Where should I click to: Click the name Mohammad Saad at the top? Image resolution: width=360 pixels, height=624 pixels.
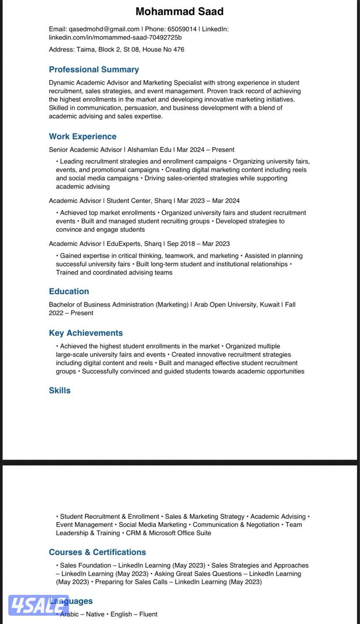180,11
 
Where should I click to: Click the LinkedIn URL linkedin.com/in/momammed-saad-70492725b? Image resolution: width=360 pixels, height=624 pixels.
115,37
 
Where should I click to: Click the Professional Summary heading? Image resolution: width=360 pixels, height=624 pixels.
94,69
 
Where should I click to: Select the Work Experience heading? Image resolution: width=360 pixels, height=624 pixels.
83,136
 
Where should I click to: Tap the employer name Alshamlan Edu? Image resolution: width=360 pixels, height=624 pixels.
149,150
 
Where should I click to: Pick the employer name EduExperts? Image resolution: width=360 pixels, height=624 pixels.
124,244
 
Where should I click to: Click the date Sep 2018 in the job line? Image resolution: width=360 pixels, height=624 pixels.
180,244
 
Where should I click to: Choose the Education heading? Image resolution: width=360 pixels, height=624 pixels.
69,291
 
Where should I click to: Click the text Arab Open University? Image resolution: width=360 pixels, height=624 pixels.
225,305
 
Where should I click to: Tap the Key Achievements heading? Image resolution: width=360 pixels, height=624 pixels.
86,333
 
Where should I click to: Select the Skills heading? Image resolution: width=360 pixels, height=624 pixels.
60,390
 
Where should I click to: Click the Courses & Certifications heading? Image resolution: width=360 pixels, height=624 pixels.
97,552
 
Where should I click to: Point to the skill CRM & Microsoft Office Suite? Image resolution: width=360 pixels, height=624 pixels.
168,533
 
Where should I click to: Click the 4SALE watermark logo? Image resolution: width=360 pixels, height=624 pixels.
38,604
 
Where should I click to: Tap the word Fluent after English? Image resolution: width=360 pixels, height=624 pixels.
148,614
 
